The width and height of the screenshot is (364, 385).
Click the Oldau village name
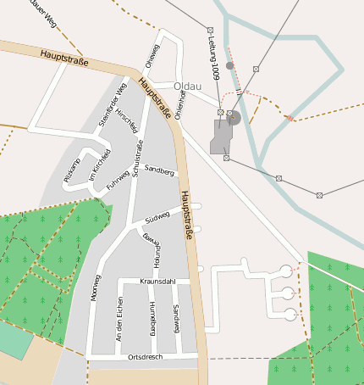tap(187, 86)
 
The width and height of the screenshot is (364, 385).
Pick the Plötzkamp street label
tap(72, 169)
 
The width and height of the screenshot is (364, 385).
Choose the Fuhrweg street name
tap(117, 181)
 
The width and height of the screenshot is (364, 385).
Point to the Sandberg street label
tap(159, 170)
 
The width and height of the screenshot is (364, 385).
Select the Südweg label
tap(157, 218)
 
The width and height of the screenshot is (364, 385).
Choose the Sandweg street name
tap(176, 318)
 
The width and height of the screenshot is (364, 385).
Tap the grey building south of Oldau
tap(220, 136)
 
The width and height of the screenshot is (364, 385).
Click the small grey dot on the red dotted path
tap(229, 65)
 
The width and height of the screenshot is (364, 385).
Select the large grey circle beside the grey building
tap(234, 117)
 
